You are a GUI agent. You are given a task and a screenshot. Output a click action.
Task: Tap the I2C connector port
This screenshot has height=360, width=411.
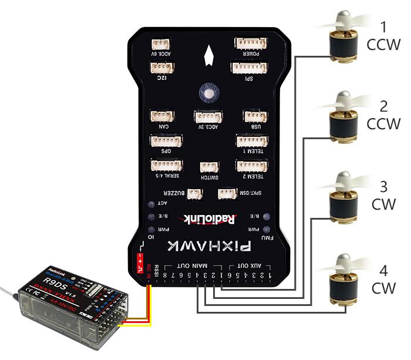[163, 68]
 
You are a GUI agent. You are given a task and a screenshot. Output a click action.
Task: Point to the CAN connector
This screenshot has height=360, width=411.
[160, 115]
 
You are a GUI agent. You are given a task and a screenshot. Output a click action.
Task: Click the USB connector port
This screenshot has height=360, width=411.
[255, 116]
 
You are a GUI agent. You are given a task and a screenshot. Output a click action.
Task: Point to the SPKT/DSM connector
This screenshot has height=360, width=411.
[227, 193]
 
